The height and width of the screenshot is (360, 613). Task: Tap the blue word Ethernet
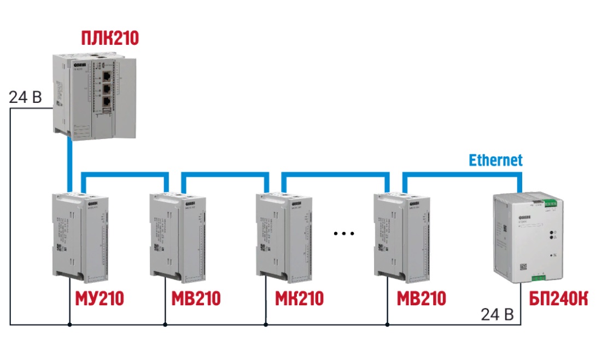(x=495, y=160)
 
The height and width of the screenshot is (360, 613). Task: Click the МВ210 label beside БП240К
(x=422, y=299)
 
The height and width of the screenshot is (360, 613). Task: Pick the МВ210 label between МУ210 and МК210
(x=196, y=299)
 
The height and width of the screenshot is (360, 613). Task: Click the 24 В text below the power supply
(x=497, y=314)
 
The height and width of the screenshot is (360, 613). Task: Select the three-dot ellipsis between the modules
(x=344, y=234)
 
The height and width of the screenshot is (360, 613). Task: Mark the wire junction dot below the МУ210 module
(x=69, y=325)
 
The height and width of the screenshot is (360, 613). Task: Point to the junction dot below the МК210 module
(x=266, y=325)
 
